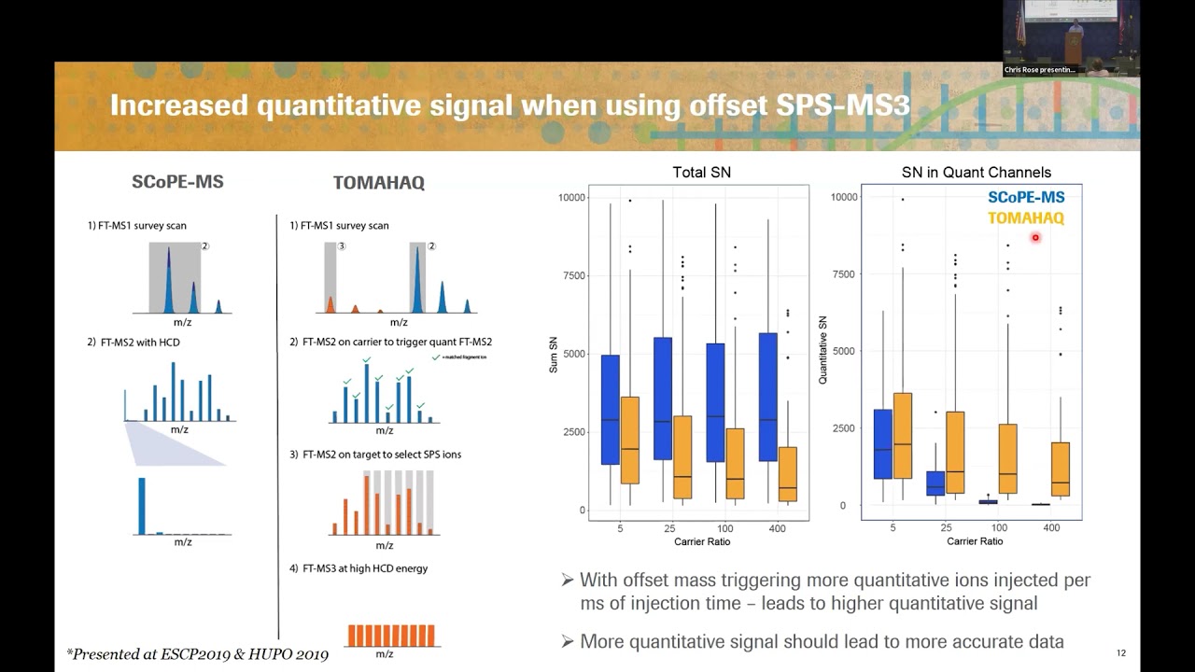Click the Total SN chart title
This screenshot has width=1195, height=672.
coord(701,172)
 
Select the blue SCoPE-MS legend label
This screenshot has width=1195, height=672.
coord(1026,197)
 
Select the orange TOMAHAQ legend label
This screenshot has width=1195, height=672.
coord(1026,217)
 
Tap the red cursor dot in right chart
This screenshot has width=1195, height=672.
coord(1035,238)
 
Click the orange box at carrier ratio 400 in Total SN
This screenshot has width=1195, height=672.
coord(788,474)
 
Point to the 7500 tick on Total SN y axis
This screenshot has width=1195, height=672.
coord(571,276)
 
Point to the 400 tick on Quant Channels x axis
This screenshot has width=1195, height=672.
coord(1050,527)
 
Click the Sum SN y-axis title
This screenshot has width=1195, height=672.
coord(553,355)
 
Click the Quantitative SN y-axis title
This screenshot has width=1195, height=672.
coord(823,351)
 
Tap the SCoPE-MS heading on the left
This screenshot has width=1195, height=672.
coord(177,182)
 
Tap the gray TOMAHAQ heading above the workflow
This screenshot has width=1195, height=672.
coord(378,183)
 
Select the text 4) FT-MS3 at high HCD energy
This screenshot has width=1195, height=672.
coord(358,568)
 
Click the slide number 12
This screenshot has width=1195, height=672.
coord(1121,652)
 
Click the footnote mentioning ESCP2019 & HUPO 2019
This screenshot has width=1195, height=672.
coord(197,654)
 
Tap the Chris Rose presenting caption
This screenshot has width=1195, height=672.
coord(1039,70)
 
